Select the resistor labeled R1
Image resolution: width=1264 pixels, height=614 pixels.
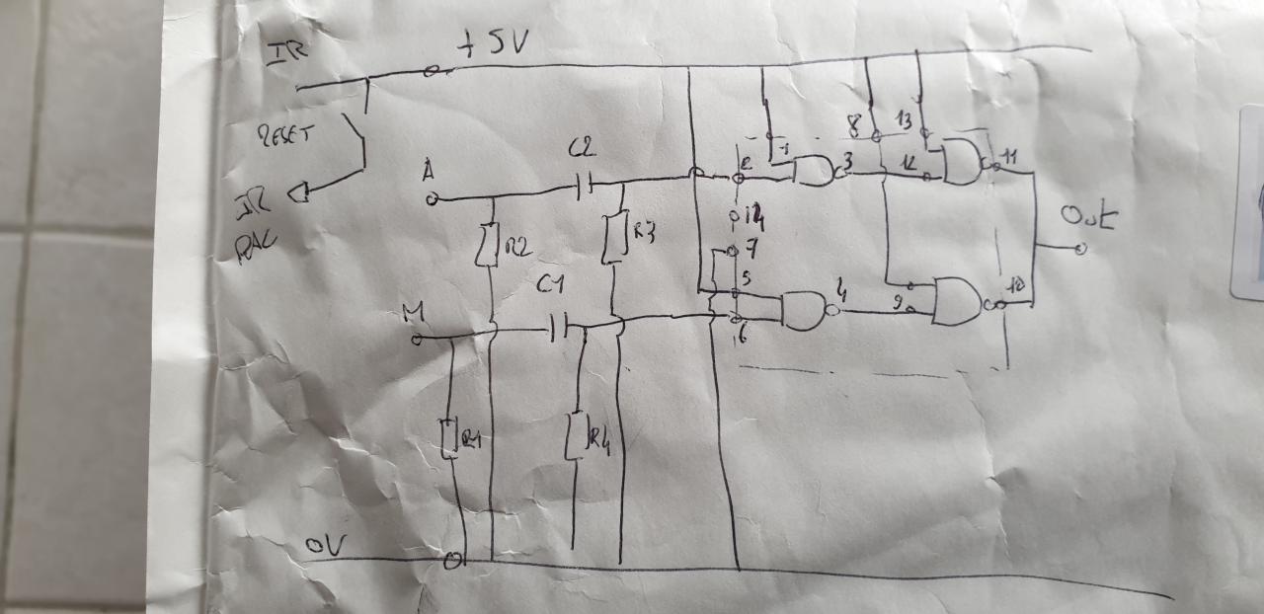(450, 438)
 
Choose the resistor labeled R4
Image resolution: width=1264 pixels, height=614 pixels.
(576, 435)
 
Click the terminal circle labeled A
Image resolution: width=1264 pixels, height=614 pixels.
(432, 199)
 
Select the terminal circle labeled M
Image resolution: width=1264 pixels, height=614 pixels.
(417, 339)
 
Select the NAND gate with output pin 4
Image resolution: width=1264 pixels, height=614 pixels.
(804, 310)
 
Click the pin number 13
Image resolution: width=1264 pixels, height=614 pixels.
(927, 119)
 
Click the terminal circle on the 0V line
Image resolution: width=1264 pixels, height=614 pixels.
(453, 561)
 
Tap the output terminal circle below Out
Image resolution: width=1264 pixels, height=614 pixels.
(1079, 249)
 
